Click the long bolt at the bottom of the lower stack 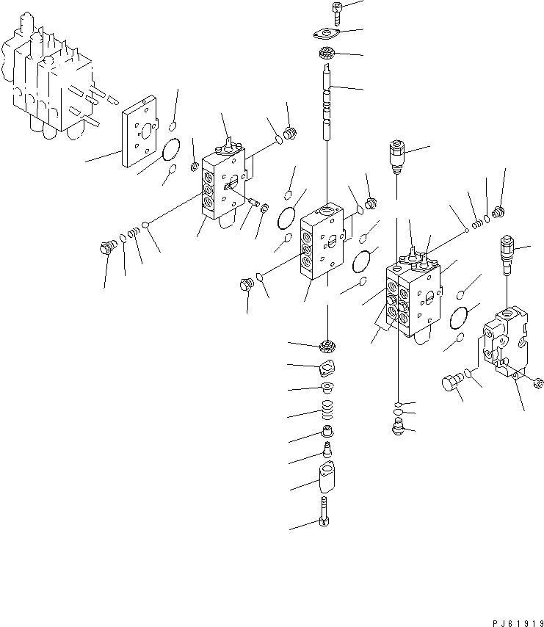[324, 512]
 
